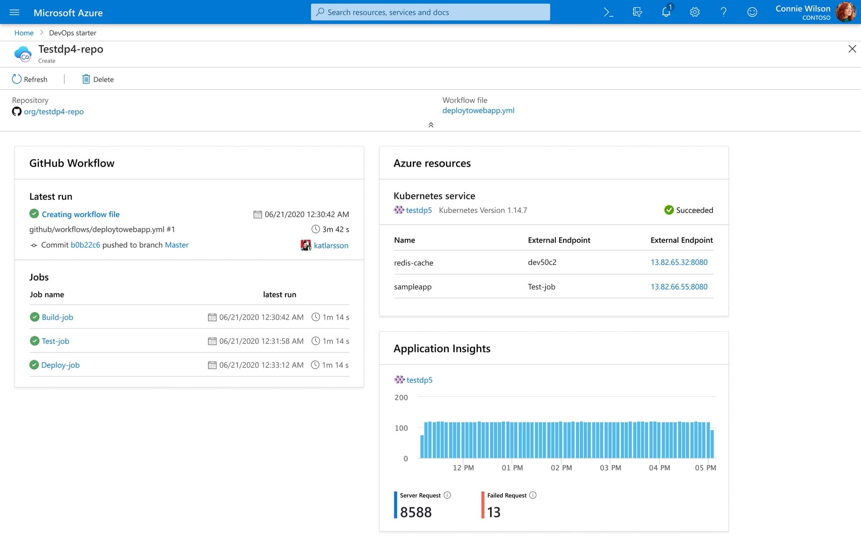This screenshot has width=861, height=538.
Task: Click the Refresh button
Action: click(30, 79)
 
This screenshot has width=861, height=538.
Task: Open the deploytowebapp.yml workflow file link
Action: click(478, 111)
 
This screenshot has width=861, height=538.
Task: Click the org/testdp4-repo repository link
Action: click(53, 111)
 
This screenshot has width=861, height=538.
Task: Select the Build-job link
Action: click(57, 317)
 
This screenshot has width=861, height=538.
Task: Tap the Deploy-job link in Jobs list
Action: click(60, 365)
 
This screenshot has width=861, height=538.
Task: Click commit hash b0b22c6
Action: click(85, 245)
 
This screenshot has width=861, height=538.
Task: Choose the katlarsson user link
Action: click(331, 245)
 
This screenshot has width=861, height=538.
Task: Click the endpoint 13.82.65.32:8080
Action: click(678, 262)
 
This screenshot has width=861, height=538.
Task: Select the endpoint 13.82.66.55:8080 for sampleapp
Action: click(678, 287)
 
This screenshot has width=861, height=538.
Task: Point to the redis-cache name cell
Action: click(413, 263)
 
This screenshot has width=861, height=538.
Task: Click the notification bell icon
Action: click(666, 12)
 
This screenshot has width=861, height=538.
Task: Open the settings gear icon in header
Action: click(694, 12)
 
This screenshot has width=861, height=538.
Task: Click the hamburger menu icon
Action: click(14, 12)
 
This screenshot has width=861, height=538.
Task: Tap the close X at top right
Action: click(852, 49)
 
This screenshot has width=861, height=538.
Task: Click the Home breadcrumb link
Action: click(24, 33)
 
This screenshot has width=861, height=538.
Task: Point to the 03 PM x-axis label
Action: click(610, 468)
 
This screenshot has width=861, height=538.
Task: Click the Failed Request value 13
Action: click(493, 512)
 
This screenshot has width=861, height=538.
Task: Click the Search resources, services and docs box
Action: click(430, 12)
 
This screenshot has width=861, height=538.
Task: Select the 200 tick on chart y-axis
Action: click(401, 398)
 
